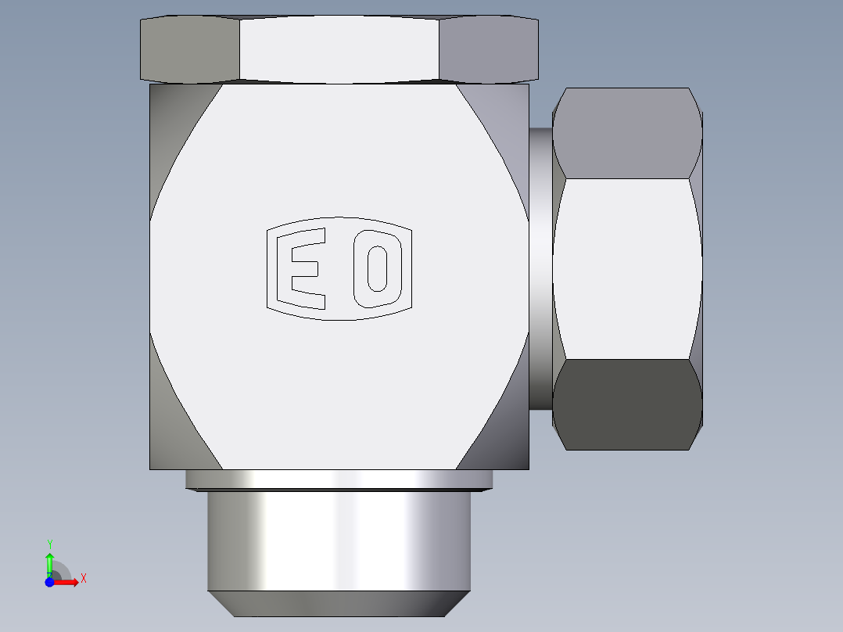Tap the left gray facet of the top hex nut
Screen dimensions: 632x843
[x=189, y=48]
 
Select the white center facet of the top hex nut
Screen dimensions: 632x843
[x=339, y=48]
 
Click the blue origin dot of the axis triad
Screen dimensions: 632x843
[x=49, y=582]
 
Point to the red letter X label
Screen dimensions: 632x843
[x=83, y=579]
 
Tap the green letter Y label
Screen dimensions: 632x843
[x=49, y=544]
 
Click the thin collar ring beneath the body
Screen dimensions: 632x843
[x=339, y=479]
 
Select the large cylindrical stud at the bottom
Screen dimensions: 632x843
[x=339, y=540]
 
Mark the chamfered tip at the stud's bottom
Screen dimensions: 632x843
[x=339, y=603]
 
